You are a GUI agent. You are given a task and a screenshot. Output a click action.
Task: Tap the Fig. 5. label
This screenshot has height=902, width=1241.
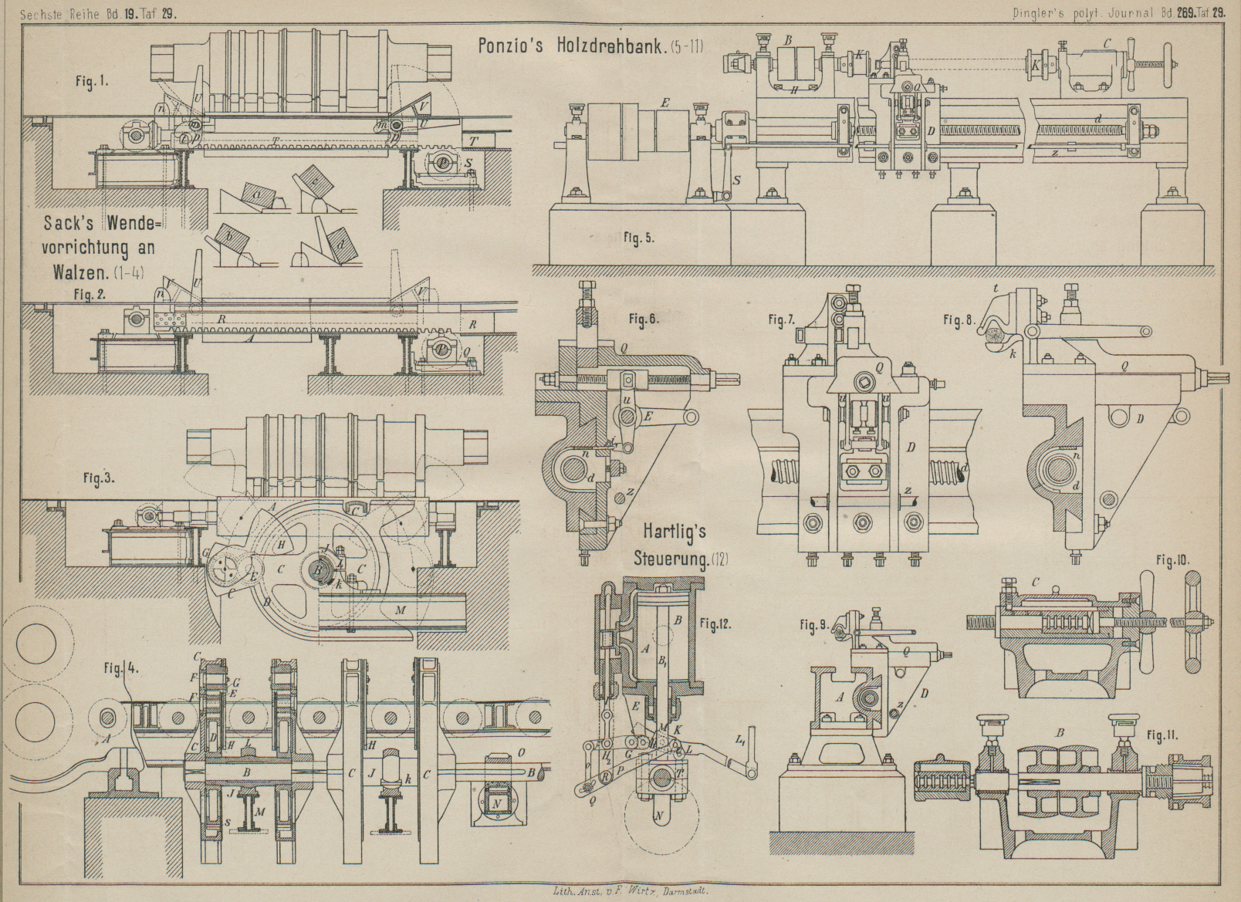click(x=638, y=238)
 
